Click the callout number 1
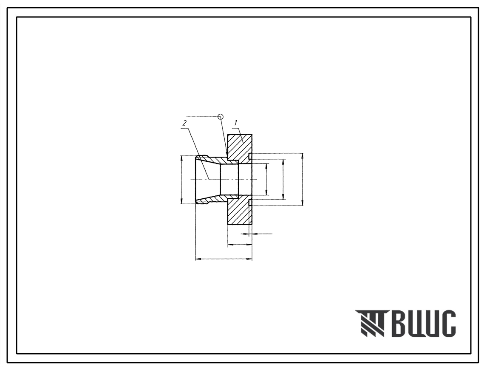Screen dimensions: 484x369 pyautogui.click(x=235, y=122)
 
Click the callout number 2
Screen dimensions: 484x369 pyautogui.click(x=184, y=123)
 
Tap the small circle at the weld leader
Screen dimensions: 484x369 pyautogui.click(x=220, y=117)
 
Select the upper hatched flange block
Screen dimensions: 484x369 pyautogui.click(x=240, y=149)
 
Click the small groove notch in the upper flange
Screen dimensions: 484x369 pyautogui.click(x=250, y=156)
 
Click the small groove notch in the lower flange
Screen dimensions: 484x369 pyautogui.click(x=250, y=203)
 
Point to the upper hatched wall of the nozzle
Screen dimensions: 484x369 pyautogui.click(x=216, y=161)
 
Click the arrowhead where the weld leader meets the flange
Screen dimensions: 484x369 pyautogui.click(x=226, y=154)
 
